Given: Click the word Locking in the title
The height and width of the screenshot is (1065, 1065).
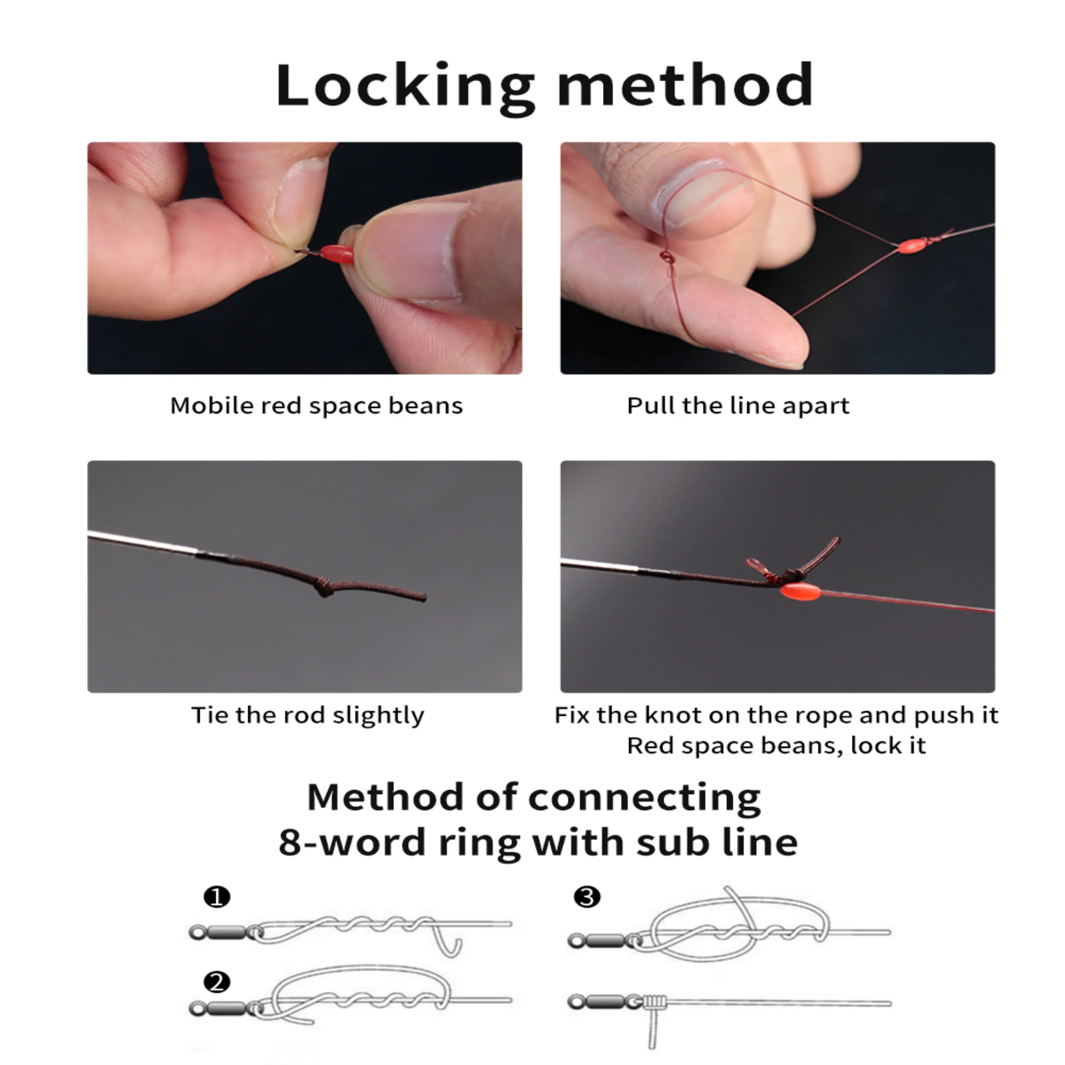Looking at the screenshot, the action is coord(405,86).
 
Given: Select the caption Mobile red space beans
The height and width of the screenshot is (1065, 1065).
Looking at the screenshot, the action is coord(316,405).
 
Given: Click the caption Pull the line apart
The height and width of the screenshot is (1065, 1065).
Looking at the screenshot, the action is coord(738,405).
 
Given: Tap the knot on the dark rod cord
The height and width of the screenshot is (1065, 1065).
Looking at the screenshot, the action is coord(324,586).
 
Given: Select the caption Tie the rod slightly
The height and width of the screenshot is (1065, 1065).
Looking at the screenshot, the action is coord(308,715).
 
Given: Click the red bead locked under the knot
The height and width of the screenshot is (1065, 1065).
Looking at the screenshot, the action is coord(799,590).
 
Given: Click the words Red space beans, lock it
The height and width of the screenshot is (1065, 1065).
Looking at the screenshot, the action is coord(776,745).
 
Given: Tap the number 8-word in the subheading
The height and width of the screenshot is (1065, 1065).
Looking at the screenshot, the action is coord(352,843).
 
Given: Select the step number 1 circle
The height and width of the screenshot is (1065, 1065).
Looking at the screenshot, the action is coord(217,897).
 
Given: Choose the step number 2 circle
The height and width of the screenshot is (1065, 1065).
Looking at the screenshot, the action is coord(217,982).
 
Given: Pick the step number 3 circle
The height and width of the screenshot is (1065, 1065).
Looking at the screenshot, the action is coord(587,897).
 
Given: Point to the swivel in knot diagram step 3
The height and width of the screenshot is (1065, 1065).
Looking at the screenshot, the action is coord(603,941).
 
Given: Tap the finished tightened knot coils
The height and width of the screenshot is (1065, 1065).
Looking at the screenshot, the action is coord(656,1001).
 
